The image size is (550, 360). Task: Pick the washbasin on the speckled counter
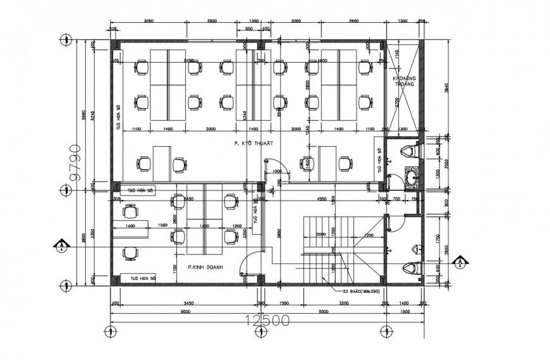(x=410, y=177)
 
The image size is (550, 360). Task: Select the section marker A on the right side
(x=461, y=260)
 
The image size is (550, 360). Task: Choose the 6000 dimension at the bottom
(x=185, y=311)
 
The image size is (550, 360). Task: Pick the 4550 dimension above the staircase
(x=321, y=199)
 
